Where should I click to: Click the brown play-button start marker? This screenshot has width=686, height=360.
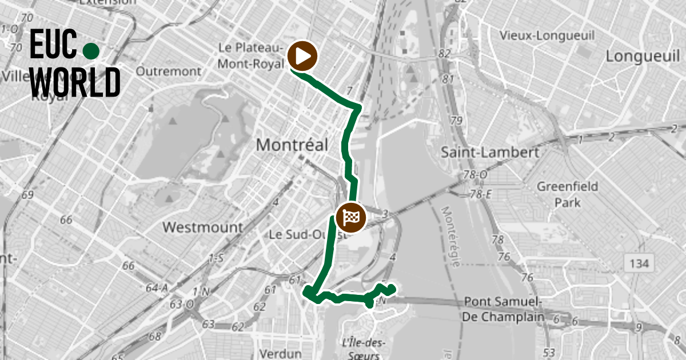(303, 56)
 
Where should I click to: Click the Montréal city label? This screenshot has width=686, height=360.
(292, 145)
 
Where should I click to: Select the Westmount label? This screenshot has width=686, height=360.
(202, 227)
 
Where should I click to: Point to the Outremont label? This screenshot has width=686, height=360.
(169, 71)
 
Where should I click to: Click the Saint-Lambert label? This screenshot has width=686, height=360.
(490, 153)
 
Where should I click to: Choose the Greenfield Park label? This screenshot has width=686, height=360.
(568, 194)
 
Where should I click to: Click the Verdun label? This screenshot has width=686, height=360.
(280, 353)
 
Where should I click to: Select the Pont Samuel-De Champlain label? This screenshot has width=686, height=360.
(503, 309)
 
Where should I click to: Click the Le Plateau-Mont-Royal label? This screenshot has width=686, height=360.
(250, 55)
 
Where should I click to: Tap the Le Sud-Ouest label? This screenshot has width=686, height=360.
(300, 234)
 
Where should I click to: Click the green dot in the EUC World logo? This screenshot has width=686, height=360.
(91, 51)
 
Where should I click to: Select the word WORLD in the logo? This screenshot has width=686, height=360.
(75, 82)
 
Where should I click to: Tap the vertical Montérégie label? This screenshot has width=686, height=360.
(452, 237)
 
